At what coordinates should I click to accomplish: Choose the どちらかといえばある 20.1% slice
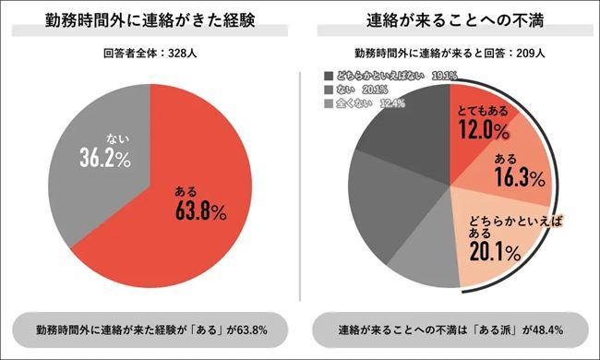coord(503,245)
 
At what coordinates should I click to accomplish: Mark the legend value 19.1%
coord(444,75)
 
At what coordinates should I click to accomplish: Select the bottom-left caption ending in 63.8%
coord(150,329)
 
